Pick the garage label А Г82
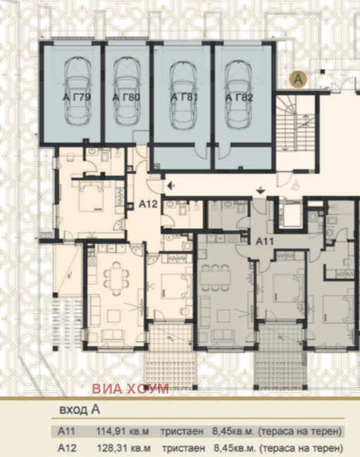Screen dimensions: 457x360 point(239,97)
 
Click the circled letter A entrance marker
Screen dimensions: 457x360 point(297,80)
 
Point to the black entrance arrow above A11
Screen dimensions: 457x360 point(261,189)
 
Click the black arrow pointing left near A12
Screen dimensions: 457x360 point(170,185)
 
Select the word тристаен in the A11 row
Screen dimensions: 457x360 point(182,431)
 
